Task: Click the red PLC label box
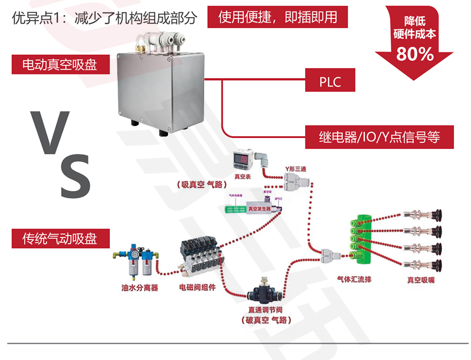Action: pos(330,82)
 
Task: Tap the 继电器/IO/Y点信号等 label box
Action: pos(379,137)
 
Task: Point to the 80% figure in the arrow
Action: pos(415,53)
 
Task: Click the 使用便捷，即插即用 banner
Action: pos(278,17)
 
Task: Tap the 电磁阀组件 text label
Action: pos(197,287)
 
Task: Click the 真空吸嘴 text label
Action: pos(421,280)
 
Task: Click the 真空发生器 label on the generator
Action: pos(259,208)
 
